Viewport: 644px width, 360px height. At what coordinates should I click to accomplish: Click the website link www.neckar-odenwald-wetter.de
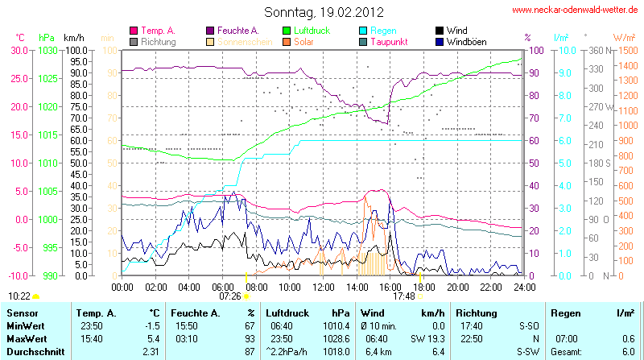click(575, 10)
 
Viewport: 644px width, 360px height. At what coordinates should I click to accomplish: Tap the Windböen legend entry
click(465, 41)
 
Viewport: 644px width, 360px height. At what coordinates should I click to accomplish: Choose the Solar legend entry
click(303, 41)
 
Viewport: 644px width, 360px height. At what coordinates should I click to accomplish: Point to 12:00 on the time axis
click(323, 287)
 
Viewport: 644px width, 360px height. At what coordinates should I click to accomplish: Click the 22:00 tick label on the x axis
click(490, 287)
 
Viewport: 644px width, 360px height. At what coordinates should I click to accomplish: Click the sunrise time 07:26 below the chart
click(230, 296)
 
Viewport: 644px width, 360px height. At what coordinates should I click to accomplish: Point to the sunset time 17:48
click(404, 296)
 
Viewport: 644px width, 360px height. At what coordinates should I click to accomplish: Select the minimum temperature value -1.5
click(149, 325)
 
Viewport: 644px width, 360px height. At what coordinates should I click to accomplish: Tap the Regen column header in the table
click(564, 312)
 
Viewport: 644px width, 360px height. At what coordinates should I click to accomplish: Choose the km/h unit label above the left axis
click(74, 37)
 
